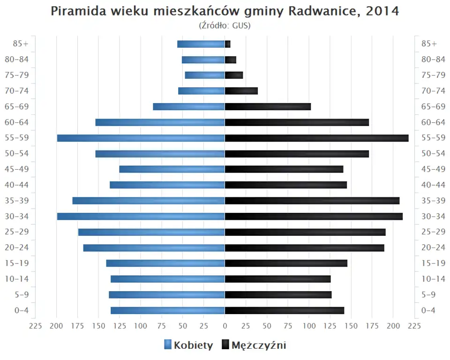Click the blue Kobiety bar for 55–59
click(x=141, y=138)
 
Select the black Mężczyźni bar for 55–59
click(x=316, y=138)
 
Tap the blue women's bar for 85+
click(x=201, y=44)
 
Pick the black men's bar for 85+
click(x=228, y=44)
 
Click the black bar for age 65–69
click(x=268, y=106)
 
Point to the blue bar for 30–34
click(x=141, y=216)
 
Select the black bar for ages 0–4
click(x=285, y=310)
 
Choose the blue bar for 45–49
click(x=172, y=169)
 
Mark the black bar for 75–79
click(x=234, y=75)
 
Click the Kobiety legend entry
click(x=188, y=345)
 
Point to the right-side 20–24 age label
click(x=433, y=247)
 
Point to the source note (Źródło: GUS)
click(x=225, y=25)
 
